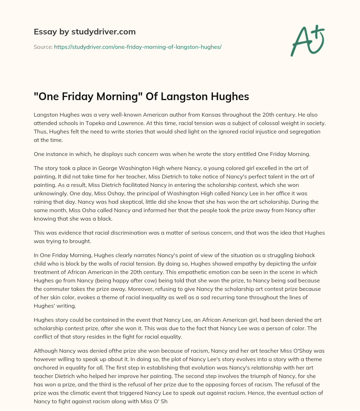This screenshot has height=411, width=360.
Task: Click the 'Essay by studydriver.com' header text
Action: pos(84,32)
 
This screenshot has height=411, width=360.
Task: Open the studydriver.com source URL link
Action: pos(137,47)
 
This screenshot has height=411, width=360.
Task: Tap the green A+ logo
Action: pos(307,41)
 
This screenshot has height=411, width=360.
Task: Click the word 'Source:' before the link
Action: pos(43,47)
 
